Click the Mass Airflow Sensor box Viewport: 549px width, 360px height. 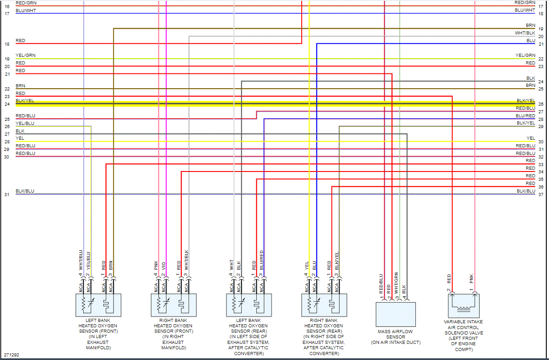[x=395, y=314]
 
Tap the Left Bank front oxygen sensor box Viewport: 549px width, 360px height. [x=98, y=305]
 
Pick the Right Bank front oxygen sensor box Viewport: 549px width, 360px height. [x=174, y=305]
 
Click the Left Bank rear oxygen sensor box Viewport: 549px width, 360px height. [x=249, y=305]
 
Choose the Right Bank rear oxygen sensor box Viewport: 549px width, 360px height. [x=324, y=305]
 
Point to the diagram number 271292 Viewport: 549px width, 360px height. [x=12, y=355]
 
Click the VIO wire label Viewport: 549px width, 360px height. [x=164, y=266]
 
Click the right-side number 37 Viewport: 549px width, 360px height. [x=541, y=195]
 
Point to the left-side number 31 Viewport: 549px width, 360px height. [x=7, y=195]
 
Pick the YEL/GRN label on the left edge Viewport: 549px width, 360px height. [x=26, y=56]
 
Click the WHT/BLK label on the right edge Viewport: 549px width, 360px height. [x=525, y=33]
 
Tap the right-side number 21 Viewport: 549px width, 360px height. [x=541, y=44]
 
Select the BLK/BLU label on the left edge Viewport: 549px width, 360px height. [x=25, y=191]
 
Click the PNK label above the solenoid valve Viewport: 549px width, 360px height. [x=472, y=279]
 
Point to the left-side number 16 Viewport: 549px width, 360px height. [x=7, y=7]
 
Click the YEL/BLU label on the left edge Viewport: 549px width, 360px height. [x=25, y=123]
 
